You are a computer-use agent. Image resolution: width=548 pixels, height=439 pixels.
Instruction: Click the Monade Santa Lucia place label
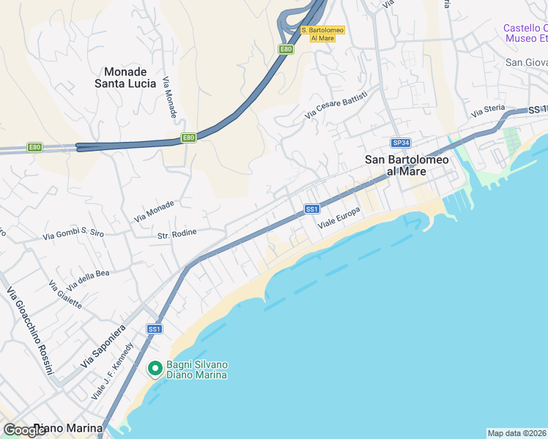pyautogui.click(x=125, y=78)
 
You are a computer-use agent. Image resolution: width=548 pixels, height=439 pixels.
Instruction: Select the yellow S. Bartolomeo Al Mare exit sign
pyautogui.click(x=322, y=34)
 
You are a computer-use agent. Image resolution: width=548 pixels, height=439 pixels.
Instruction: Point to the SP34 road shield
pyautogui.click(x=399, y=143)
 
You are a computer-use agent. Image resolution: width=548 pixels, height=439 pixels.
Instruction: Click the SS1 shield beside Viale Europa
pyautogui.click(x=312, y=209)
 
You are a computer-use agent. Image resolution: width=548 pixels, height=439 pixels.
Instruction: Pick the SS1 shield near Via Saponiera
pyautogui.click(x=154, y=329)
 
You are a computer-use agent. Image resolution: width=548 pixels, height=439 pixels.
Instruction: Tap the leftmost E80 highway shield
pyautogui.click(x=35, y=147)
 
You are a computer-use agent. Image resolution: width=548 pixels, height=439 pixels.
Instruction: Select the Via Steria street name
pyautogui.click(x=489, y=111)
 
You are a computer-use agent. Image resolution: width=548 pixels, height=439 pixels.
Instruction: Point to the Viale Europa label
pyautogui.click(x=338, y=217)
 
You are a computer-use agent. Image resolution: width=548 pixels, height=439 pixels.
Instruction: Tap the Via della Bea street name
pyautogui.click(x=88, y=279)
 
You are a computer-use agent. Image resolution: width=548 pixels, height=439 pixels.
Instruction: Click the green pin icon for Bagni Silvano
pyautogui.click(x=155, y=369)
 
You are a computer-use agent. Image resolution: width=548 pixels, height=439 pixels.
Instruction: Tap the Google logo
pyautogui.click(x=25, y=430)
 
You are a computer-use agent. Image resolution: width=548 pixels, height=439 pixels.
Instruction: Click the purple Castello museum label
pyautogui.click(x=525, y=33)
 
